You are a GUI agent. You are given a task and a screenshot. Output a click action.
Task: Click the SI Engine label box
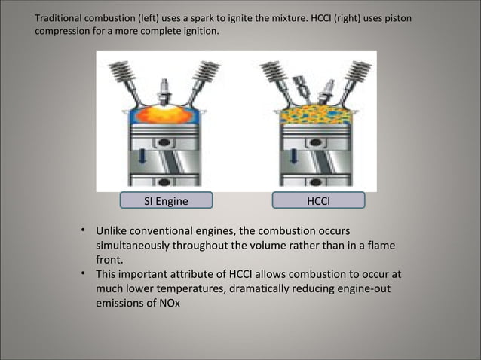(166, 200)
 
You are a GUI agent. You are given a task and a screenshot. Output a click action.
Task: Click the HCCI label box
(320, 200)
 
